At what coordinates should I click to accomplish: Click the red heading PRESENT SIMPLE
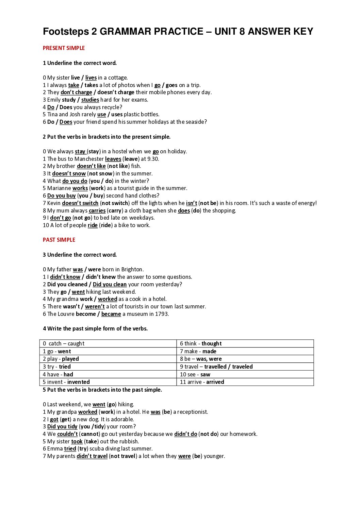(x=64, y=48)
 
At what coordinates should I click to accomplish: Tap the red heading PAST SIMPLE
(x=59, y=240)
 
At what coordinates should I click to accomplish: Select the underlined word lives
(x=91, y=78)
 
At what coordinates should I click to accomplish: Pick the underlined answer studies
(x=90, y=100)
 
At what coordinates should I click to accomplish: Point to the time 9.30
(x=153, y=159)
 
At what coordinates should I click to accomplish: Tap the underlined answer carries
(x=97, y=210)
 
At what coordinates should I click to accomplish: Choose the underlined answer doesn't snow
(x=69, y=173)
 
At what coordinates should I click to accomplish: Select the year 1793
(x=162, y=314)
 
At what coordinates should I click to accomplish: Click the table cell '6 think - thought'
(x=245, y=343)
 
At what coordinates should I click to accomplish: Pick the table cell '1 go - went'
(x=108, y=351)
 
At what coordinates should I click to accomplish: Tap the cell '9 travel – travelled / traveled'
(x=245, y=367)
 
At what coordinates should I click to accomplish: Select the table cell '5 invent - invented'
(x=108, y=382)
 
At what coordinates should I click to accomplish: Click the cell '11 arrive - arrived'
(x=245, y=382)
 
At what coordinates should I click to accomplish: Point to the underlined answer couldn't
(x=67, y=434)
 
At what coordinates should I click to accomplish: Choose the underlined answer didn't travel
(x=92, y=456)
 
